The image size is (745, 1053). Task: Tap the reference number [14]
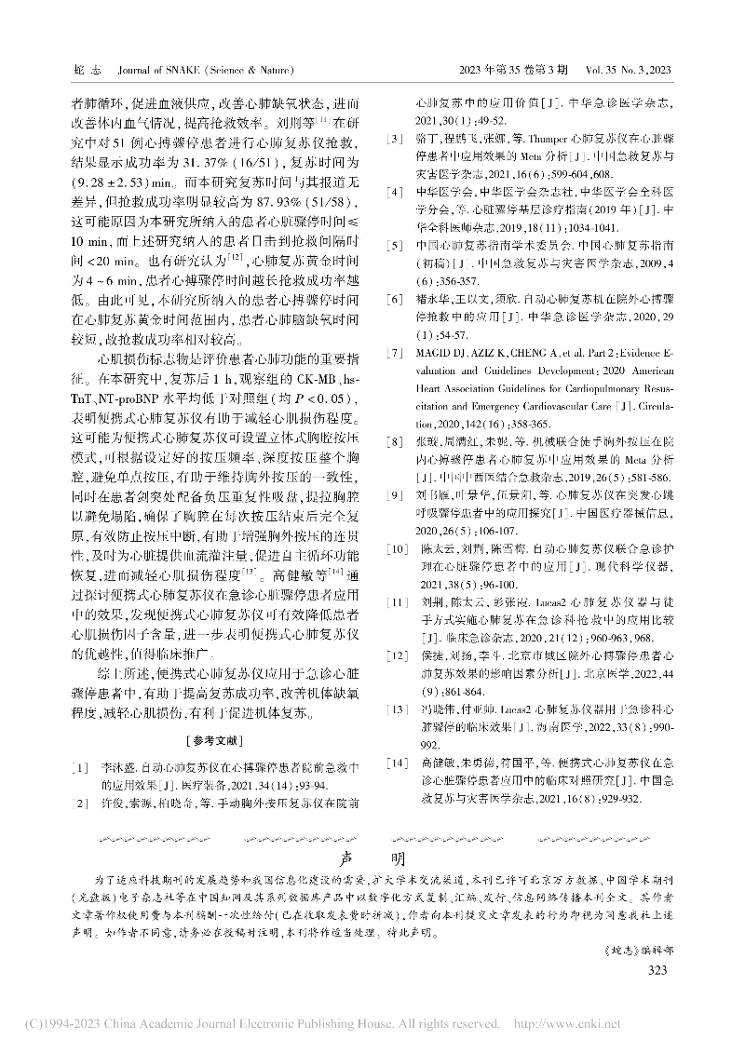[399, 763]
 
